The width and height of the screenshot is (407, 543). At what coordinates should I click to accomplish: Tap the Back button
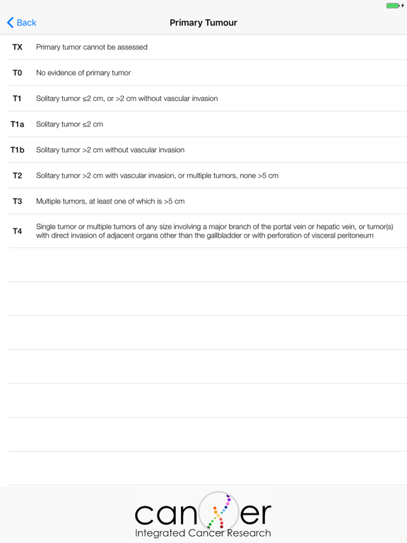(21, 23)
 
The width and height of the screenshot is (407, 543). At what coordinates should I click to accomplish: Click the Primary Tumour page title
(203, 23)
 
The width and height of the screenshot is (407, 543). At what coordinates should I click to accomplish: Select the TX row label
(17, 47)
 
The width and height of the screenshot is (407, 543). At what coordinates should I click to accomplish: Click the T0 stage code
(17, 73)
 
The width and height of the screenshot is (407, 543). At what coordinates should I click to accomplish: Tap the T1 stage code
(17, 98)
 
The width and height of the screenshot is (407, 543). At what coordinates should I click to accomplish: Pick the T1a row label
(17, 124)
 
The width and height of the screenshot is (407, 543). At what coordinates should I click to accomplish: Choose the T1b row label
(17, 150)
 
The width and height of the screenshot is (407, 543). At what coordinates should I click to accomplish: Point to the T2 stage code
(17, 175)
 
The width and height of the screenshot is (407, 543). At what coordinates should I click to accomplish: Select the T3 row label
(17, 201)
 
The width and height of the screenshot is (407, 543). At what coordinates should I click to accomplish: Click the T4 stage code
(17, 231)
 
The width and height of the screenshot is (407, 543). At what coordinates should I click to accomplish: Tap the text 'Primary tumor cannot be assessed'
(92, 47)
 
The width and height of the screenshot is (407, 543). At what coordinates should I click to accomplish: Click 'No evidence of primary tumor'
(83, 73)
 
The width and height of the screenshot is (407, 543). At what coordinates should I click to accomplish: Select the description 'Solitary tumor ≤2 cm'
(69, 124)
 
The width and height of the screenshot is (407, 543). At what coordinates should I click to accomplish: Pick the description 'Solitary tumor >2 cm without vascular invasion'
(110, 150)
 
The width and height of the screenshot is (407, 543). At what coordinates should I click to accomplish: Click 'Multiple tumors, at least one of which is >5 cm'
(110, 201)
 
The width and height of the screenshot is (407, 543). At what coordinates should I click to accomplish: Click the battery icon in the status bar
(393, 6)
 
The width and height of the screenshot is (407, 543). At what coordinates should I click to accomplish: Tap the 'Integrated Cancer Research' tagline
(203, 533)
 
